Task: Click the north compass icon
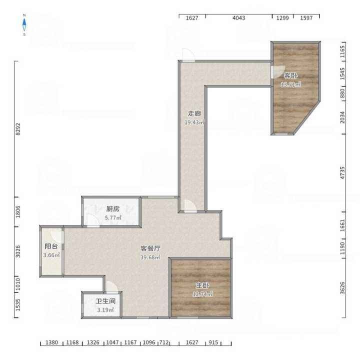24,24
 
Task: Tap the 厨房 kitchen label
113,208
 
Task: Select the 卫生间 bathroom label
105,301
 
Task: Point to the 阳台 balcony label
51,246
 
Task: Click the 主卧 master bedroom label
202,285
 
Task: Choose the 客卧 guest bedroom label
290,75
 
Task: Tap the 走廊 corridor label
194,113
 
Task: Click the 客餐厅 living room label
150,248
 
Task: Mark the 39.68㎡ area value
150,257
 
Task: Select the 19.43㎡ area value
194,122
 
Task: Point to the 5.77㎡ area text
113,217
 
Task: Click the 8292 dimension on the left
18,129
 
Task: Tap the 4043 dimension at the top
239,18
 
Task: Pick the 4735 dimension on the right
342,173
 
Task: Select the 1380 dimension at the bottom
51,342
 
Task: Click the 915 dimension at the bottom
213,342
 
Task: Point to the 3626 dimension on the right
342,287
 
